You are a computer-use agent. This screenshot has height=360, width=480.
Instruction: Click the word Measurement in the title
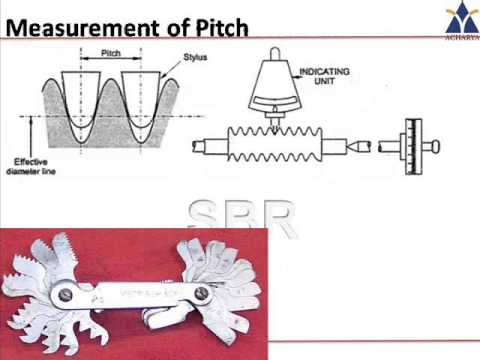pos(69,26)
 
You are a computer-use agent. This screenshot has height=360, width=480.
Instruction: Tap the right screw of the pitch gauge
pos(200,294)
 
